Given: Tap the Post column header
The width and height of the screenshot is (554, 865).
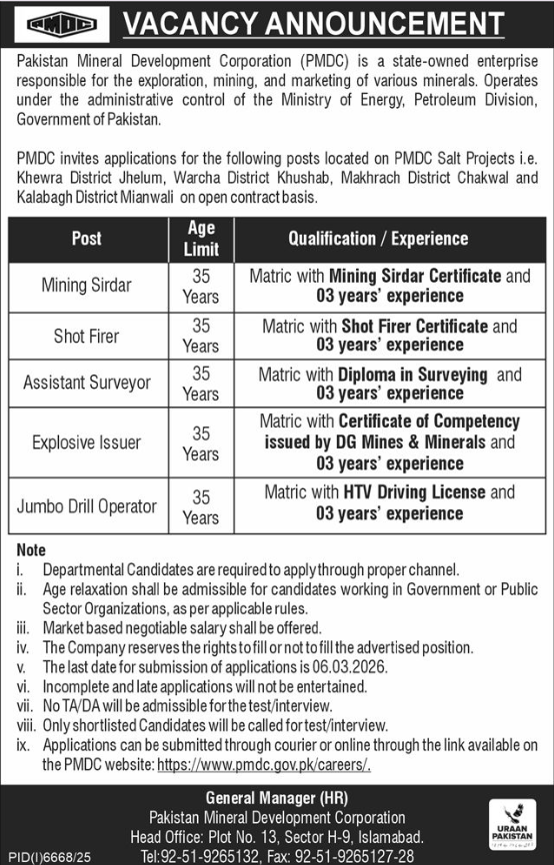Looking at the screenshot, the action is [x=86, y=239].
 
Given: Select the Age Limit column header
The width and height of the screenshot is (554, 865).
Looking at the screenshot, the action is [x=201, y=239].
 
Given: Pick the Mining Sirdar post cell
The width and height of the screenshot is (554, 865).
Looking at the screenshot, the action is [x=86, y=285].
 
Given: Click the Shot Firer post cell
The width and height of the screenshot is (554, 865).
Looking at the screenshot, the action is [x=86, y=336].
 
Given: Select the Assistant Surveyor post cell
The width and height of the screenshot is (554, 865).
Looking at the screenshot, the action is [x=86, y=384].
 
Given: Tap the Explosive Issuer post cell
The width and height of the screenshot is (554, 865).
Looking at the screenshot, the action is [x=86, y=441].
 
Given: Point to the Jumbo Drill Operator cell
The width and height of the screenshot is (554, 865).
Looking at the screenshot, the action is [x=86, y=505].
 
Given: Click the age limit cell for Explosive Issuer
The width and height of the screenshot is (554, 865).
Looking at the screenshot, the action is [x=201, y=442].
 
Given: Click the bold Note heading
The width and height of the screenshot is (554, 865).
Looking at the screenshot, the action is [x=31, y=550].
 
